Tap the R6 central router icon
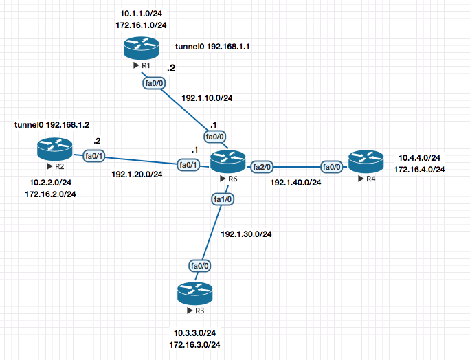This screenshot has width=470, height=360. click(228, 161)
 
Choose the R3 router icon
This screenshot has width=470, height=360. click(194, 293)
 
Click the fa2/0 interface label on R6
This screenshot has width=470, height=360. click(262, 166)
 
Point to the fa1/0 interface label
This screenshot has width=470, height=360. click(222, 200)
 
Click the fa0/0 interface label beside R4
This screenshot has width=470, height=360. click(331, 166)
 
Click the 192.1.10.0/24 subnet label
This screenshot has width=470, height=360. click(206, 98)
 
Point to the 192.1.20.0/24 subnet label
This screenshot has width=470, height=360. click(137, 174)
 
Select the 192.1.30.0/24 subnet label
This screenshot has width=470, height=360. click(246, 234)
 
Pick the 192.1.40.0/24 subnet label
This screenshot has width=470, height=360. click(295, 183)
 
